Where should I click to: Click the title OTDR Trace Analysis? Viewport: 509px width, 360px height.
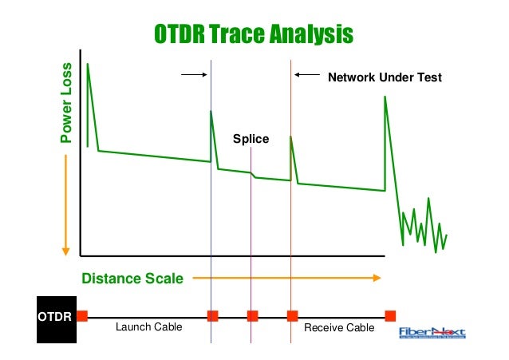(253, 34)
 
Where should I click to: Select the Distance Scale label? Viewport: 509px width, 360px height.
(132, 279)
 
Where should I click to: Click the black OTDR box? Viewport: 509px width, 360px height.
(56, 318)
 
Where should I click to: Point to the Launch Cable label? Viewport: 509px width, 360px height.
(149, 327)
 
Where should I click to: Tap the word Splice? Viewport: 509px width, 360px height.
(251, 139)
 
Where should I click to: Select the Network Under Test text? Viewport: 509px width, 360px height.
(385, 78)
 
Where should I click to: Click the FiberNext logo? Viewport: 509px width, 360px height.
(432, 333)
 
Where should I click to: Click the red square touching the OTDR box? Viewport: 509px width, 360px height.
(81, 315)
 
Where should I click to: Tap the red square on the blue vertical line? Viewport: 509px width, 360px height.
(212, 315)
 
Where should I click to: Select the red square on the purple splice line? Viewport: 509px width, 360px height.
(252, 315)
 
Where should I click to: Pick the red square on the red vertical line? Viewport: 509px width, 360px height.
(292, 315)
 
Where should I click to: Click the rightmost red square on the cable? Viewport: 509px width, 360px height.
(390, 315)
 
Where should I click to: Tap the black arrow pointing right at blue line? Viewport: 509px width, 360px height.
(195, 74)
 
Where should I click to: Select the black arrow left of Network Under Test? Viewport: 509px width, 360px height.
(307, 75)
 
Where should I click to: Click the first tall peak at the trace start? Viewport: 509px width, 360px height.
(88, 65)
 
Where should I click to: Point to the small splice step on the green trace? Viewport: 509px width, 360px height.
(253, 175)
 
